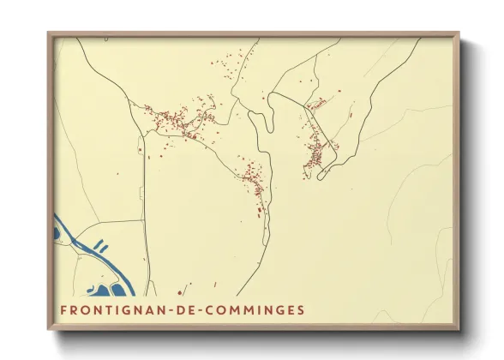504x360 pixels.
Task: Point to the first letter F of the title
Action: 64,309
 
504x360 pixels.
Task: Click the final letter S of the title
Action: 299,309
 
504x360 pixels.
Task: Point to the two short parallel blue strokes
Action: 100,247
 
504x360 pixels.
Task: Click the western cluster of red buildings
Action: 176,120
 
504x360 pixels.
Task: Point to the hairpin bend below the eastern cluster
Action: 322,177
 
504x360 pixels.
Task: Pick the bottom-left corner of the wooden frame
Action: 49,328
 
